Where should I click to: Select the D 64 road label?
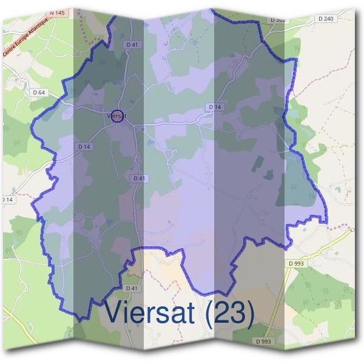pos(39,92)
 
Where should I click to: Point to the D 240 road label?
pos(325,19)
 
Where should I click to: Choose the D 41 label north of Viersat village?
pos(133,44)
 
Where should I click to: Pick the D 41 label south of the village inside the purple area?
pos(139,178)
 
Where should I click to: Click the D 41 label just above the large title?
pos(132,288)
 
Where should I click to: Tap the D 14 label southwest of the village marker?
pos(84,147)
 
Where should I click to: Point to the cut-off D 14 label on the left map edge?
pos(6,200)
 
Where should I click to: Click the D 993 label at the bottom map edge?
pos(265,342)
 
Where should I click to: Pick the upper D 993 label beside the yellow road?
pos(296,263)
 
